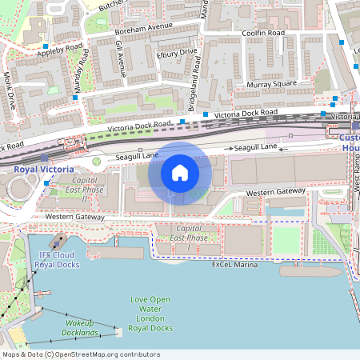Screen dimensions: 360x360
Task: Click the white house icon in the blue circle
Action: point(180,173)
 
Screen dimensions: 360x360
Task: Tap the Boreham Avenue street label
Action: point(144,29)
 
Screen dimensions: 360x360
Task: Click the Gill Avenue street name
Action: point(121,59)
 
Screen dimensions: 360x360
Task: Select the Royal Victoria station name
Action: point(44,170)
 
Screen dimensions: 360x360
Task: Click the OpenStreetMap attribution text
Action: point(81,354)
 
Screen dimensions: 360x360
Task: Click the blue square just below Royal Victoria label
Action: point(47,183)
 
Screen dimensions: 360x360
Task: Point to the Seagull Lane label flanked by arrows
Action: point(254,147)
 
